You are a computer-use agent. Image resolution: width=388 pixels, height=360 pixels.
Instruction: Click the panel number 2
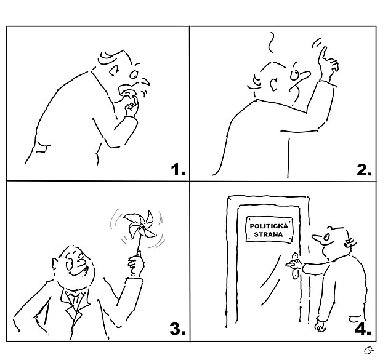tap(364, 170)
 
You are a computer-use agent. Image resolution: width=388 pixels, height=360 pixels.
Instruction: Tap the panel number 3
tap(177, 329)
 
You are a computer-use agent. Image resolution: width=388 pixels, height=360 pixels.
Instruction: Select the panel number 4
tap(363, 329)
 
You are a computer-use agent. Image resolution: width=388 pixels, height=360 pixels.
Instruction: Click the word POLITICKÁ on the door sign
tap(269, 226)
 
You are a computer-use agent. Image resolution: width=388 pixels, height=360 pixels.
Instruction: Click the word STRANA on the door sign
tap(269, 234)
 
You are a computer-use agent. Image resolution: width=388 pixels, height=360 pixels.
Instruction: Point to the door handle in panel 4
tap(294, 265)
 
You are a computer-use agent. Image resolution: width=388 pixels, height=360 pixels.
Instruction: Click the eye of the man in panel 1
tap(134, 74)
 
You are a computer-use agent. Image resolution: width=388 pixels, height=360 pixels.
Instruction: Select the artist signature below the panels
tap(369, 350)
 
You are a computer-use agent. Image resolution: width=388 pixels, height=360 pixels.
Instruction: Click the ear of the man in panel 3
tap(55, 265)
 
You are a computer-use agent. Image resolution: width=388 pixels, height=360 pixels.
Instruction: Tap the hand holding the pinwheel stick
tap(136, 266)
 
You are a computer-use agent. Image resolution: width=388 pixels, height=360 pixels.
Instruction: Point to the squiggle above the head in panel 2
tap(272, 42)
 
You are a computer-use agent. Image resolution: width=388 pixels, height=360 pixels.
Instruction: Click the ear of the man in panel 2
tap(273, 84)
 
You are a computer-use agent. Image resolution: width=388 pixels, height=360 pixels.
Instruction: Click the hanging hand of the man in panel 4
tap(320, 326)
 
